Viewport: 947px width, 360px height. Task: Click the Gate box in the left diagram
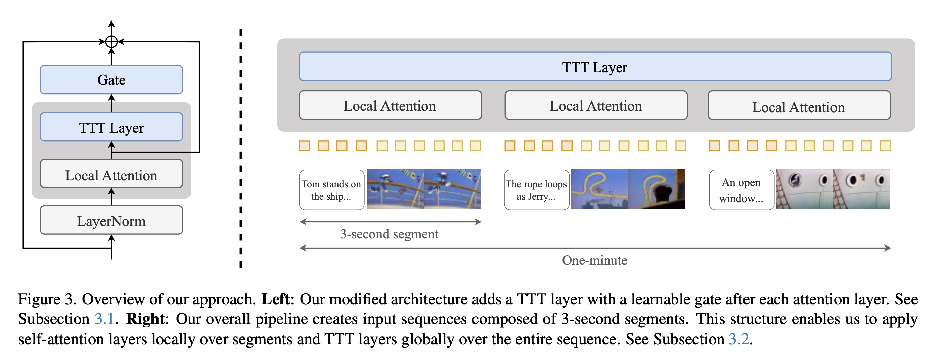[111, 80]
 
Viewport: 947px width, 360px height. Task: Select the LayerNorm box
[111, 221]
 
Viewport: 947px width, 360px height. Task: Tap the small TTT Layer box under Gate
[111, 127]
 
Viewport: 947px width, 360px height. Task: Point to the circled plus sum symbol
[111, 42]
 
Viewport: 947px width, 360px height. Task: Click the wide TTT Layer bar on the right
[594, 67]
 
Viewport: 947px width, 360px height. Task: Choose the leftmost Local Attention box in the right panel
[390, 105]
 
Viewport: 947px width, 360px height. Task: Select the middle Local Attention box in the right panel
[595, 105]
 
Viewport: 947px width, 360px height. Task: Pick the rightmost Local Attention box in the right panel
[799, 106]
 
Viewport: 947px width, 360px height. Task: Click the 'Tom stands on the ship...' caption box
[331, 190]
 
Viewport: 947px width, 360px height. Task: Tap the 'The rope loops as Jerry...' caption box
[536, 190]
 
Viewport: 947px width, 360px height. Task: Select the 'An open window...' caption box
[741, 190]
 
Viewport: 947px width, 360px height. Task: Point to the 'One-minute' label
[594, 260]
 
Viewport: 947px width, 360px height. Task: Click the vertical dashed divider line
[241, 147]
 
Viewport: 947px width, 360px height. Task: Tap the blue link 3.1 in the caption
[104, 319]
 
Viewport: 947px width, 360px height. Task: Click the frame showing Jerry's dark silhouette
[656, 189]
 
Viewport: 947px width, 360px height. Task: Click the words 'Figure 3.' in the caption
[47, 299]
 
